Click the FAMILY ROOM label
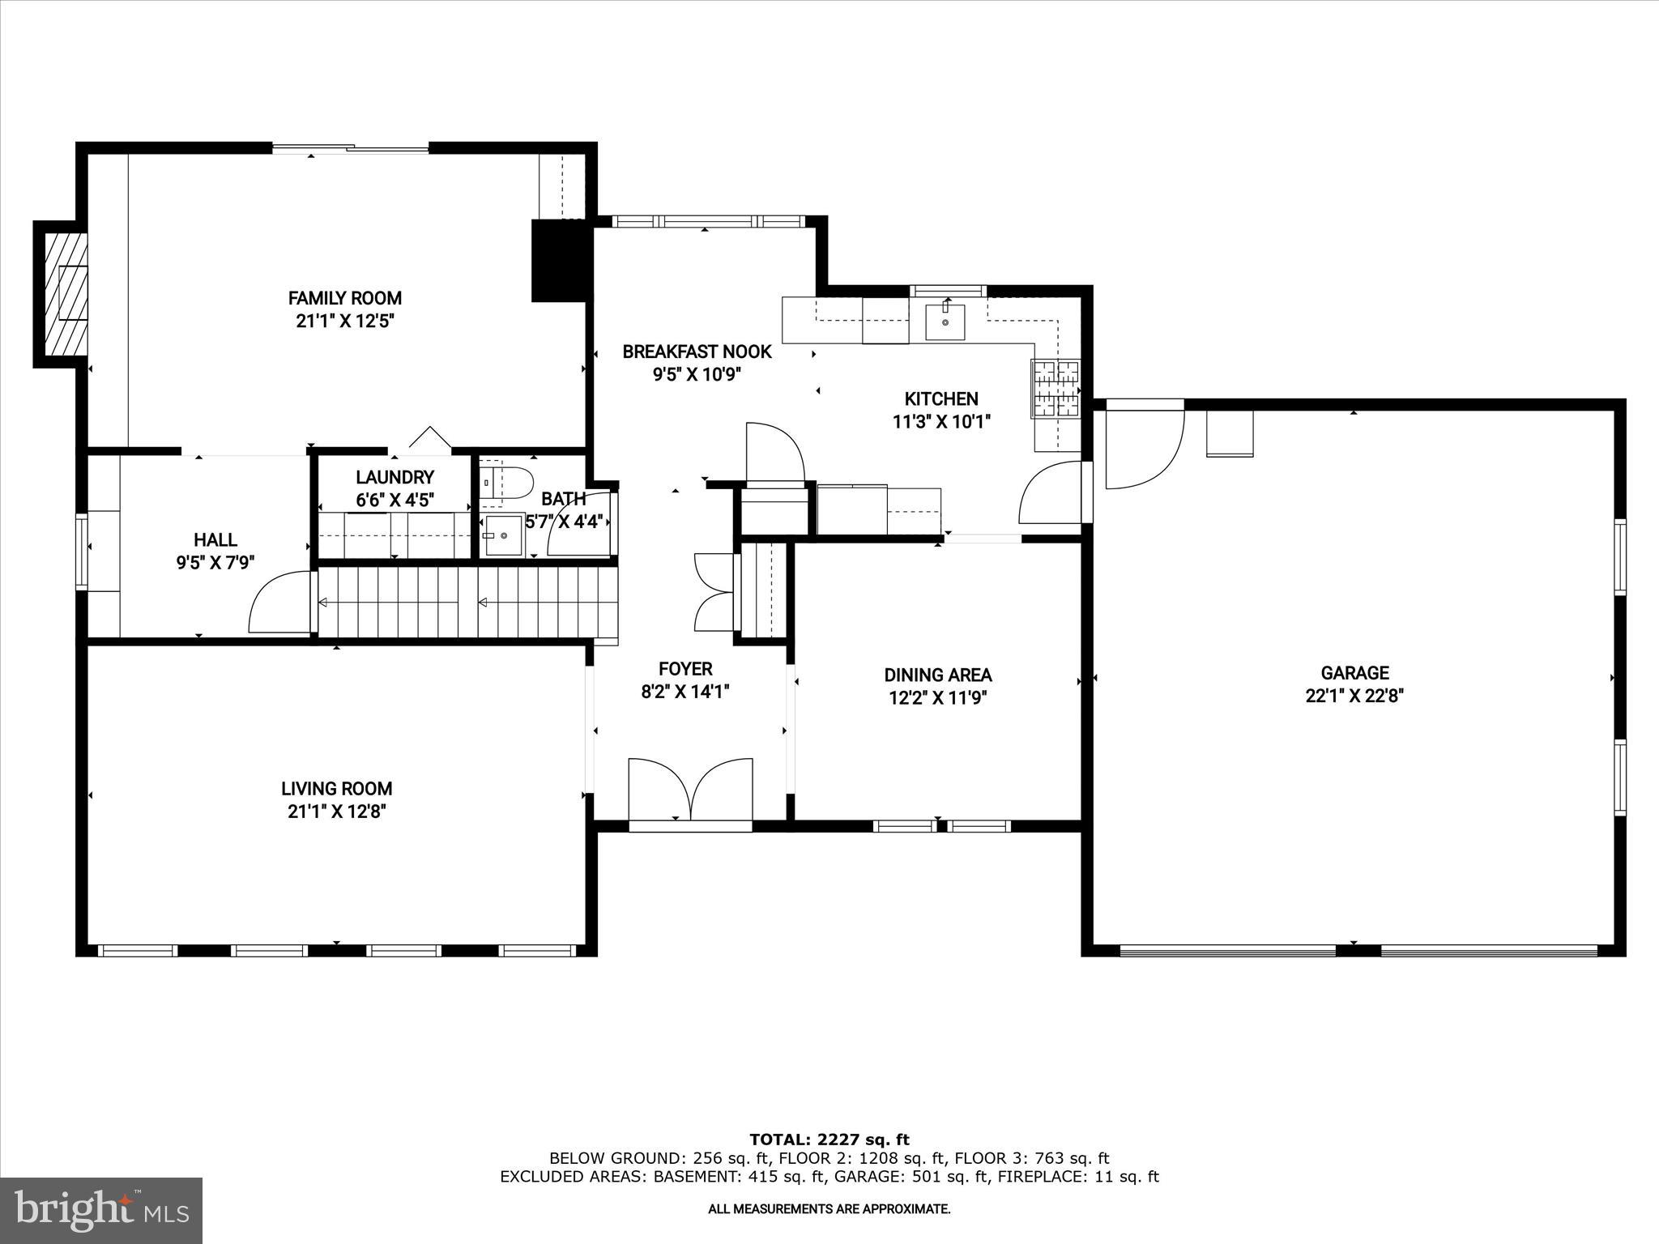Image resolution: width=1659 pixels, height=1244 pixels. click(x=345, y=298)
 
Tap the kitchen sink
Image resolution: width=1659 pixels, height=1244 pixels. click(x=945, y=322)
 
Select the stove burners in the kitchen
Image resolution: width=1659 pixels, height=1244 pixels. click(x=1056, y=388)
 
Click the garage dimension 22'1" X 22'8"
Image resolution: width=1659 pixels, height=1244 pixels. click(x=1354, y=696)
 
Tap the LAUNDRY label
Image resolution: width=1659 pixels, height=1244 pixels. click(x=395, y=477)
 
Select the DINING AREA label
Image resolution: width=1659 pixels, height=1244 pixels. click(x=938, y=675)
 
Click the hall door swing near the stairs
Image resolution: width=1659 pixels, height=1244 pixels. click(x=277, y=603)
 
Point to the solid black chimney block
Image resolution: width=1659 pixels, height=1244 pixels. click(x=557, y=261)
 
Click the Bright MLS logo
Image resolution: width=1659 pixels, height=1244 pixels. click(x=101, y=1211)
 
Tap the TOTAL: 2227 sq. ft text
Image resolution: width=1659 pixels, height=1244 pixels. click(x=829, y=1140)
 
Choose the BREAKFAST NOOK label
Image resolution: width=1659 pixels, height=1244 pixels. click(x=697, y=351)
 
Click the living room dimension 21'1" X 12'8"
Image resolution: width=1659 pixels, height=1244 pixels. click(x=337, y=812)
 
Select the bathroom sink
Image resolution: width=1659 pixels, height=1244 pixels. click(x=504, y=536)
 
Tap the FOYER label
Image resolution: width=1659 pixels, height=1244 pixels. click(x=685, y=669)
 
